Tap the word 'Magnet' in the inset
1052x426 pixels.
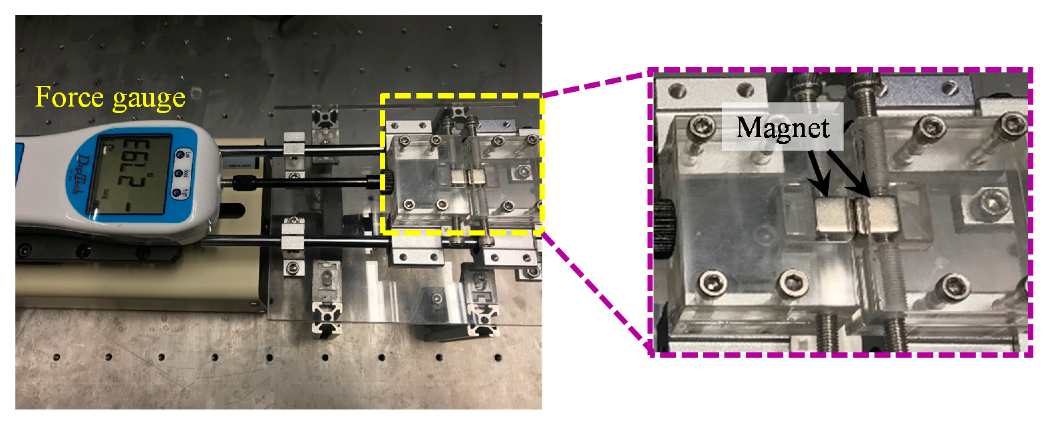click(782, 128)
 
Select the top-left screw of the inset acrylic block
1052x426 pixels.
click(702, 125)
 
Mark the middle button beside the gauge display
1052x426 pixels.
click(178, 174)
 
